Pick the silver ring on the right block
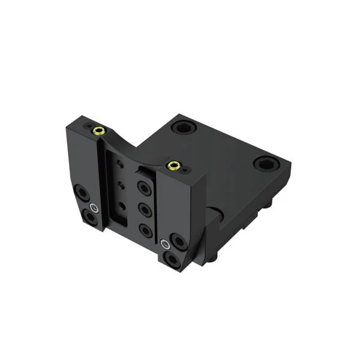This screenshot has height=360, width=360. tap(166, 244)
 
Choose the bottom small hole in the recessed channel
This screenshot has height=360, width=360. tap(123, 206)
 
